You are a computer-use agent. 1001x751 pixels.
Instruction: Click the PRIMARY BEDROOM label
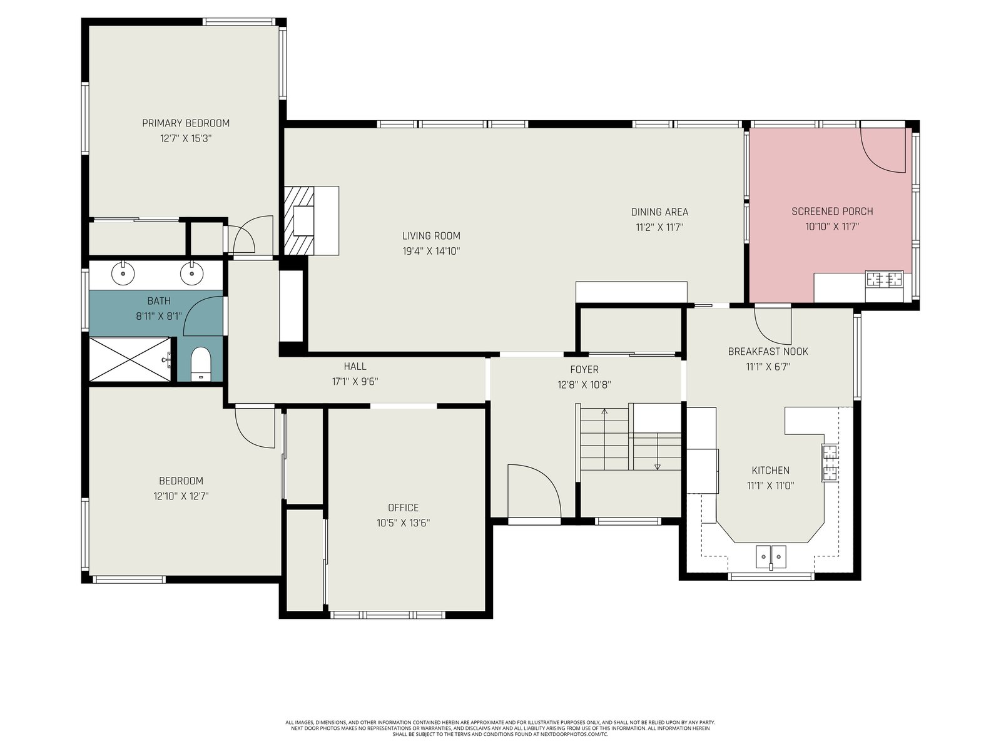pos(186,123)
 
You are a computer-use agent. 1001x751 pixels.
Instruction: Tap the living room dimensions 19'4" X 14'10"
pos(431,251)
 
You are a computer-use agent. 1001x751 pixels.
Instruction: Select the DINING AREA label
pos(659,212)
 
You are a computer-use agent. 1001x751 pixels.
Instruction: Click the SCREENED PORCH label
pos(832,212)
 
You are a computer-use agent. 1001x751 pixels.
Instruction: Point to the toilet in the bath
pos(200,364)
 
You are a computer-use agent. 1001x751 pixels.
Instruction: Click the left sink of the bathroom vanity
pos(123,273)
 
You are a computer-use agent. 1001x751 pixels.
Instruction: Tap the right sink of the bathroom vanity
pos(192,273)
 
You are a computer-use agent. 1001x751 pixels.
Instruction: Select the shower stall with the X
pos(130,359)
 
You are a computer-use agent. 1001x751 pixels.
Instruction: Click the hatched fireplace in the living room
pos(299,221)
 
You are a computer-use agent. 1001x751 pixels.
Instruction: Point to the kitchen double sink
pos(771,557)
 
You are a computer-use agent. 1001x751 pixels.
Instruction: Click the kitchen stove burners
pos(830,462)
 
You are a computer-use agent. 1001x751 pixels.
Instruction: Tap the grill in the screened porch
pos(884,279)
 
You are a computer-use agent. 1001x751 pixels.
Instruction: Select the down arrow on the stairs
pos(657,451)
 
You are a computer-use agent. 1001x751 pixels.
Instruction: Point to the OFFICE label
pos(403,508)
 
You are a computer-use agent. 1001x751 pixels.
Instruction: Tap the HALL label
pos(355,366)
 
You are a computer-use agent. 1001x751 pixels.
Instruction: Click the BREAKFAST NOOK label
pos(768,352)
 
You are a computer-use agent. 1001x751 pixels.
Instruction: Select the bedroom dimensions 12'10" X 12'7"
pos(181,496)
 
